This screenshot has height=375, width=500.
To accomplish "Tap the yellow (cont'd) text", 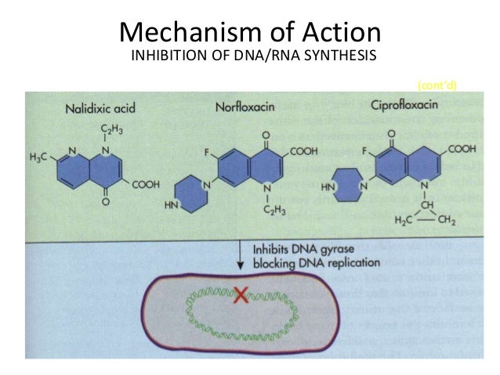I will (438, 85).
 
